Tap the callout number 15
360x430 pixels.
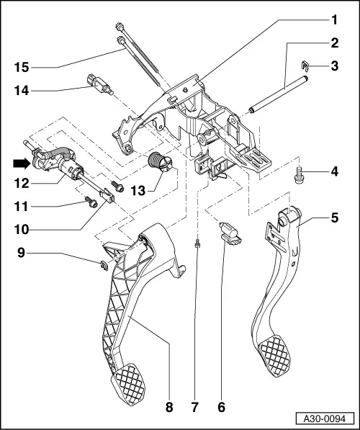point(22,68)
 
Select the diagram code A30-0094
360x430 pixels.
point(325,419)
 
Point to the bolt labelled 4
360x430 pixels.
point(298,174)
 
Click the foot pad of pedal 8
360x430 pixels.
point(127,384)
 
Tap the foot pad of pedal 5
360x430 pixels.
point(275,356)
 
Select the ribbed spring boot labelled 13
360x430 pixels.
point(160,162)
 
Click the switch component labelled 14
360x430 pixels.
point(99,84)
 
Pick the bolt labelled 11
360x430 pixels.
point(91,202)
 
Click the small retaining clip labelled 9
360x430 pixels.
point(104,265)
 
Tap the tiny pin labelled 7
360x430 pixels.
point(197,243)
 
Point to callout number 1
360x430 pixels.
point(334,20)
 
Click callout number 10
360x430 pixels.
point(22,230)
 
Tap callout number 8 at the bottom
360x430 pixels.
point(169,407)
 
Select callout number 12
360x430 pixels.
point(22,183)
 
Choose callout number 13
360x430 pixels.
point(138,191)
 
